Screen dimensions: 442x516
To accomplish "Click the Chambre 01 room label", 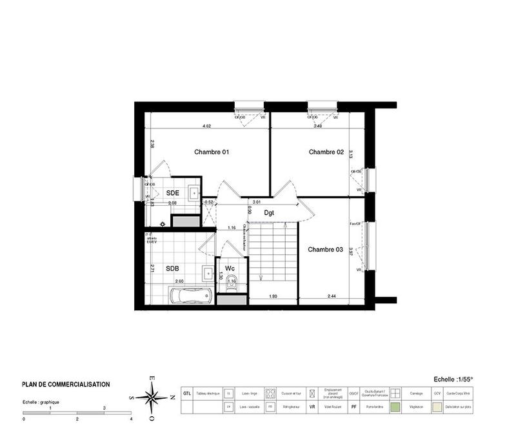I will point(212,152).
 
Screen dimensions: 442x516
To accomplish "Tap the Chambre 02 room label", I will point(326,152).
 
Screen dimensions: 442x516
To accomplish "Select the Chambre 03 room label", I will point(325,249).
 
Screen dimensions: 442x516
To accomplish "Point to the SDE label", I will point(172,193).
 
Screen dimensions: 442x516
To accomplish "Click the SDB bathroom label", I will point(172,268).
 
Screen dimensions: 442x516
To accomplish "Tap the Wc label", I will point(229,268).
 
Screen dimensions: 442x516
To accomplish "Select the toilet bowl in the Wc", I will point(230,296).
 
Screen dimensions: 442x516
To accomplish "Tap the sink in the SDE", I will point(193,192).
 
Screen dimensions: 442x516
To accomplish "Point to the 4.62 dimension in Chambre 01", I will point(207,126).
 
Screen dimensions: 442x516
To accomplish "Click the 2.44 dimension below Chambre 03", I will point(332,297).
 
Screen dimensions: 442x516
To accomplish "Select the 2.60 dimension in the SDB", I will point(180,281).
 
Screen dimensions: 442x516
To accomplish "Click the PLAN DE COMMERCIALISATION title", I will point(66,385).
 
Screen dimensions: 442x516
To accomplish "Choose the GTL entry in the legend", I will point(186,393).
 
